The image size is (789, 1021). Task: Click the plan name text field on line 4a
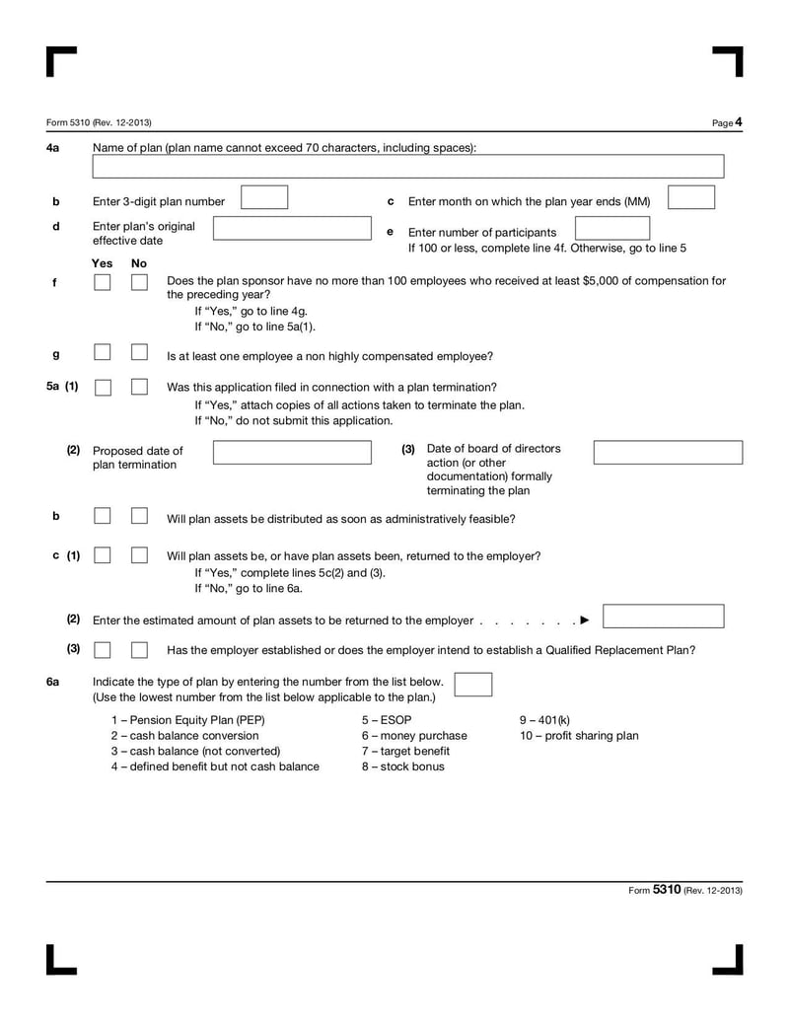[408, 167]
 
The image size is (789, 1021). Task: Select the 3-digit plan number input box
[264, 197]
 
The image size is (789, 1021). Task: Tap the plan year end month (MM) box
[690, 197]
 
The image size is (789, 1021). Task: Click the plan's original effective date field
[293, 230]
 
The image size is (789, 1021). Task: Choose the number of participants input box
[612, 229]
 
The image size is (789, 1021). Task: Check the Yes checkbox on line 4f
[103, 283]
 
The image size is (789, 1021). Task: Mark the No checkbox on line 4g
[139, 352]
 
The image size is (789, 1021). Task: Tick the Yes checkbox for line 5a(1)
[103, 388]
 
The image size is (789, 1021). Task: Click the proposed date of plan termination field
[293, 453]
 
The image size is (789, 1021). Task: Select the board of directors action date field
[668, 453]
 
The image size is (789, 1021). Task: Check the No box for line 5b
[139, 516]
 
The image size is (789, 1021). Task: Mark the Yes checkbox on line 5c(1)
[103, 555]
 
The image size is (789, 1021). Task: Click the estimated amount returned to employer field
[663, 617]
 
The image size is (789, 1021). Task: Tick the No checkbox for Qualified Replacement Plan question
[139, 649]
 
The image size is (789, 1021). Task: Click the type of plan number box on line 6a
[473, 685]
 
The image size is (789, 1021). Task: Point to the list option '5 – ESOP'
[387, 720]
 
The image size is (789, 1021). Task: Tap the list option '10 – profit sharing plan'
[579, 736]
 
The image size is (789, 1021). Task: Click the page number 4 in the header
[738, 122]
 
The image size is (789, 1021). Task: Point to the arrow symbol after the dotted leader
[585, 620]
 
